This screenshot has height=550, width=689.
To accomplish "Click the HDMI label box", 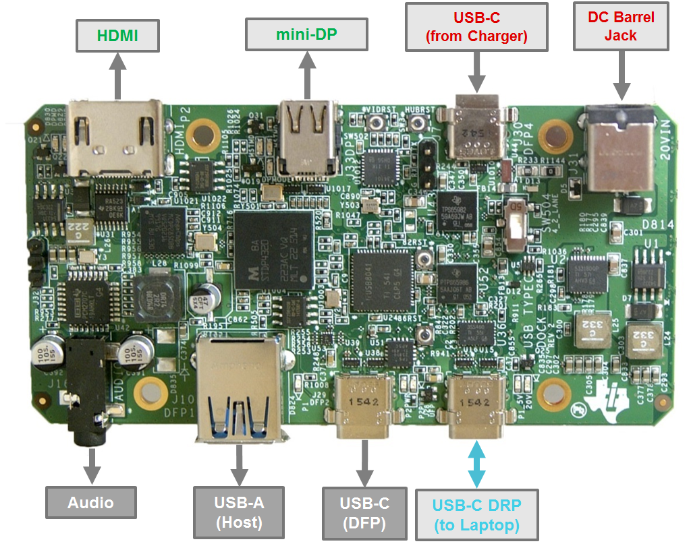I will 118,36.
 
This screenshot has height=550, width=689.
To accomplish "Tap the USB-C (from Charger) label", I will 476,27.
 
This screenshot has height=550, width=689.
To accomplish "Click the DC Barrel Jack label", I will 620,27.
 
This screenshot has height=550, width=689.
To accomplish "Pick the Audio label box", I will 90,503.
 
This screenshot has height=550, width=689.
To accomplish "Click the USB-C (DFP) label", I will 364,513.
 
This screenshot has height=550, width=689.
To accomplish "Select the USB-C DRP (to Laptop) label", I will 476,515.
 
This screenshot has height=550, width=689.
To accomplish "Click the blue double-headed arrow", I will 476,464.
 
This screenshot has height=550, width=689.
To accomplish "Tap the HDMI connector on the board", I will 115,138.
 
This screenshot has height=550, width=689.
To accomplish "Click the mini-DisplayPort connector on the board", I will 308,136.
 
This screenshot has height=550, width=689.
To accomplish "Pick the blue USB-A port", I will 238,391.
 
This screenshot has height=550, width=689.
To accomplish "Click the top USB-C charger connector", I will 476,128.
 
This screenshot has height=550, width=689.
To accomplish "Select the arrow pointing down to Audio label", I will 90,466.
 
